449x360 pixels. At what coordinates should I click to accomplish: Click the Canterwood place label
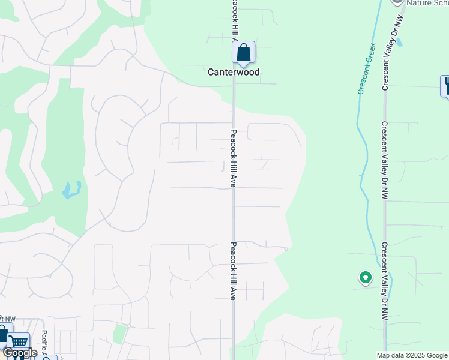coord(234,72)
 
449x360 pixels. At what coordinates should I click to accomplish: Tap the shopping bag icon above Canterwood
coord(243,52)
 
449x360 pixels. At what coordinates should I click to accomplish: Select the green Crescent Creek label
coord(366,68)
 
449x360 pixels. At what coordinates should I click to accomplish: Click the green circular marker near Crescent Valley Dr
coord(365,278)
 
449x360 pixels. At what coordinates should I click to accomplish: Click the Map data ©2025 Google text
coord(412,355)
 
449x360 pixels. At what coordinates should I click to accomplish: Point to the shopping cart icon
coord(19,342)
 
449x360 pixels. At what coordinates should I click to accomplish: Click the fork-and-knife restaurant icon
coord(446,86)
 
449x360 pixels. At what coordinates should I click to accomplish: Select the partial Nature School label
coord(427,3)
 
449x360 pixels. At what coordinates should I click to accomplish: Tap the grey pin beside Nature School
coord(396,2)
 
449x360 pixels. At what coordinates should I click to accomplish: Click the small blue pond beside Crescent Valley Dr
coord(400,43)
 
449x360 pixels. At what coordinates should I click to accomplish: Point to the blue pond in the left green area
coord(71,190)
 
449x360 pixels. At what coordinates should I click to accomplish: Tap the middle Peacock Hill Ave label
coord(233,158)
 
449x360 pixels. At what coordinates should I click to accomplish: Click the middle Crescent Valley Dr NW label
coord(384,160)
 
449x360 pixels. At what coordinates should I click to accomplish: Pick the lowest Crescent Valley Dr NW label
coord(384,281)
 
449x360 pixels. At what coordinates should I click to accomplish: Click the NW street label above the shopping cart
coord(8,319)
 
